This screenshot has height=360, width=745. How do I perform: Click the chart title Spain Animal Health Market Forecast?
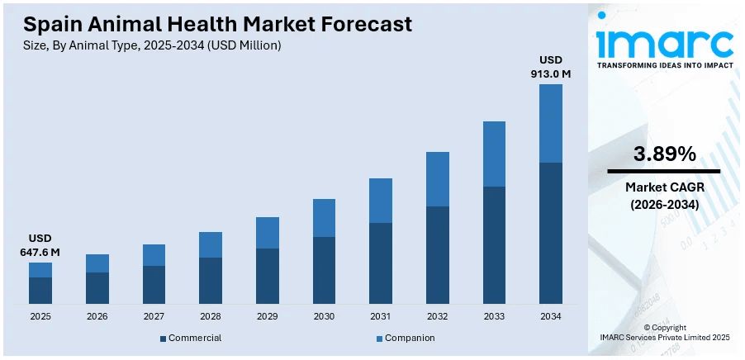pyautogui.click(x=217, y=24)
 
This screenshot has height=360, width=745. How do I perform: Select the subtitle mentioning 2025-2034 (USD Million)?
pyautogui.click(x=152, y=45)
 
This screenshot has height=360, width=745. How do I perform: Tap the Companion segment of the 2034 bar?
pyautogui.click(x=550, y=123)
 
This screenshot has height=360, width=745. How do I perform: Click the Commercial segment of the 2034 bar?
pyautogui.click(x=550, y=233)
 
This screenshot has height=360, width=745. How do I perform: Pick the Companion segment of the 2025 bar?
pyautogui.click(x=40, y=270)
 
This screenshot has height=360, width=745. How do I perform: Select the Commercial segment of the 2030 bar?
pyautogui.click(x=324, y=270)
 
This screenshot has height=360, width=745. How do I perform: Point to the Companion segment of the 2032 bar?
pyautogui.click(x=437, y=179)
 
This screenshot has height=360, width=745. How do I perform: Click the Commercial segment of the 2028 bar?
pyautogui.click(x=211, y=280)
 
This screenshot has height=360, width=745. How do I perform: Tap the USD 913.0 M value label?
pyautogui.click(x=550, y=67)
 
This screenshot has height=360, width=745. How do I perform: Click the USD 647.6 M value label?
pyautogui.click(x=40, y=245)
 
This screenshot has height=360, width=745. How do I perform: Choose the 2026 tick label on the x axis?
pyautogui.click(x=97, y=316)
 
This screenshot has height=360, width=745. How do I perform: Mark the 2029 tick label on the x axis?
pyautogui.click(x=267, y=316)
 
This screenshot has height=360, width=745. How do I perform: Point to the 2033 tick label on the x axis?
pyautogui.click(x=494, y=316)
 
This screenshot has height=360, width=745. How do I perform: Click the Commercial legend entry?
pyautogui.click(x=191, y=338)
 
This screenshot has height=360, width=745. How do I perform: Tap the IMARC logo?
pyautogui.click(x=665, y=41)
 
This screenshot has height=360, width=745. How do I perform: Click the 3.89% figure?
pyautogui.click(x=664, y=154)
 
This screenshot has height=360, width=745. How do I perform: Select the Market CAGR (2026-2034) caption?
pyautogui.click(x=664, y=196)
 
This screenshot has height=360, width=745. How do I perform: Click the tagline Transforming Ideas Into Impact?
pyautogui.click(x=665, y=64)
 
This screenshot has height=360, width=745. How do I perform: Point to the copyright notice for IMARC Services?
pyautogui.click(x=664, y=333)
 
